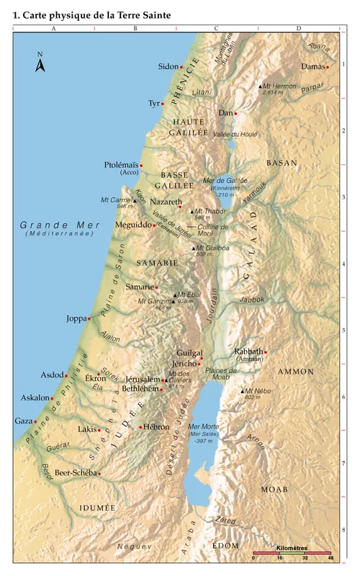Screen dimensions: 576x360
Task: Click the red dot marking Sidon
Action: coord(181,67)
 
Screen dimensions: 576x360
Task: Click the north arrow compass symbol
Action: coord(40,64)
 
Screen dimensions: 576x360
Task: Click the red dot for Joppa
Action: coord(89,318)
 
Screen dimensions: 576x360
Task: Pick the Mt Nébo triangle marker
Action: coord(243,391)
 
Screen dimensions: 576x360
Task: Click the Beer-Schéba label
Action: coord(74,473)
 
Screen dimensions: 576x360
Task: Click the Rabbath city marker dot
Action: coord(266,352)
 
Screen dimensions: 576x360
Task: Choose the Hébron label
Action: coord(156,427)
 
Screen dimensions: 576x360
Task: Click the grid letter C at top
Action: coord(216,28)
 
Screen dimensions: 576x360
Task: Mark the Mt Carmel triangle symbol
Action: coord(134,199)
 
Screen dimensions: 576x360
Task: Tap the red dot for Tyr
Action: coord(163,104)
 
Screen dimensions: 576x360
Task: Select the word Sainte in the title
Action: coord(156,13)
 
